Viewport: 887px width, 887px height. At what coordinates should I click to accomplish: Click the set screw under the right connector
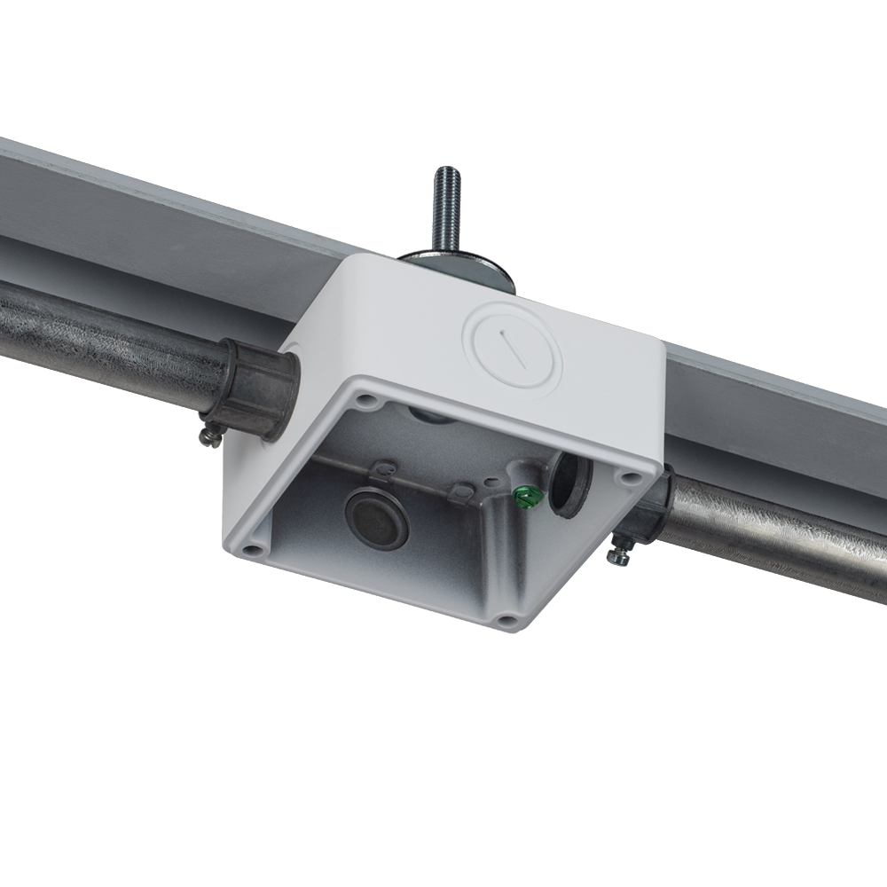coord(617,555)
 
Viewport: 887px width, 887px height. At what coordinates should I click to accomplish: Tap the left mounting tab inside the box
coord(385,466)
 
